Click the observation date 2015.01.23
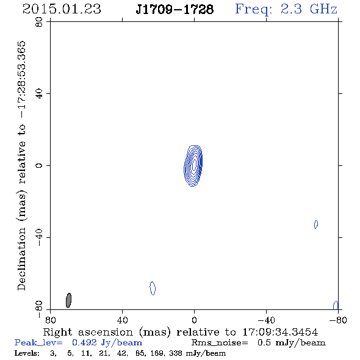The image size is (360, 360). (x=62, y=9)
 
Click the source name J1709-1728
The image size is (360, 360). (x=175, y=10)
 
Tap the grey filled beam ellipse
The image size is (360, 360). (x=68, y=300)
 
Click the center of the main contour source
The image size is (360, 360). (x=194, y=165)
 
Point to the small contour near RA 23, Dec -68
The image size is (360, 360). (x=153, y=288)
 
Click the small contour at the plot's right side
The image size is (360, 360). (x=316, y=225)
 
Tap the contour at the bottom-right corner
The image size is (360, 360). (x=336, y=305)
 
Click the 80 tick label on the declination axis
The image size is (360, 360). (x=39, y=22)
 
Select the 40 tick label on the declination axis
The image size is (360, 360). (x=39, y=94)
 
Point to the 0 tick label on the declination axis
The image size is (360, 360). (x=39, y=165)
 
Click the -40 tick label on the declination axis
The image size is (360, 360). (x=39, y=237)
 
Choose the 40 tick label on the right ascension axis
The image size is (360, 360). (x=122, y=320)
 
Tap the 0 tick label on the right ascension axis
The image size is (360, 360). (x=194, y=320)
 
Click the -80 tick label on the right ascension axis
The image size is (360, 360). (x=338, y=320)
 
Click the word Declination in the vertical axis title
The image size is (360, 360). (x=21, y=259)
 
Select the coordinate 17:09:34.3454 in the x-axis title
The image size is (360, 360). (x=280, y=332)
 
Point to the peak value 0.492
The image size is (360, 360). (x=84, y=342)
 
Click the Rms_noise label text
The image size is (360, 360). (x=220, y=343)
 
